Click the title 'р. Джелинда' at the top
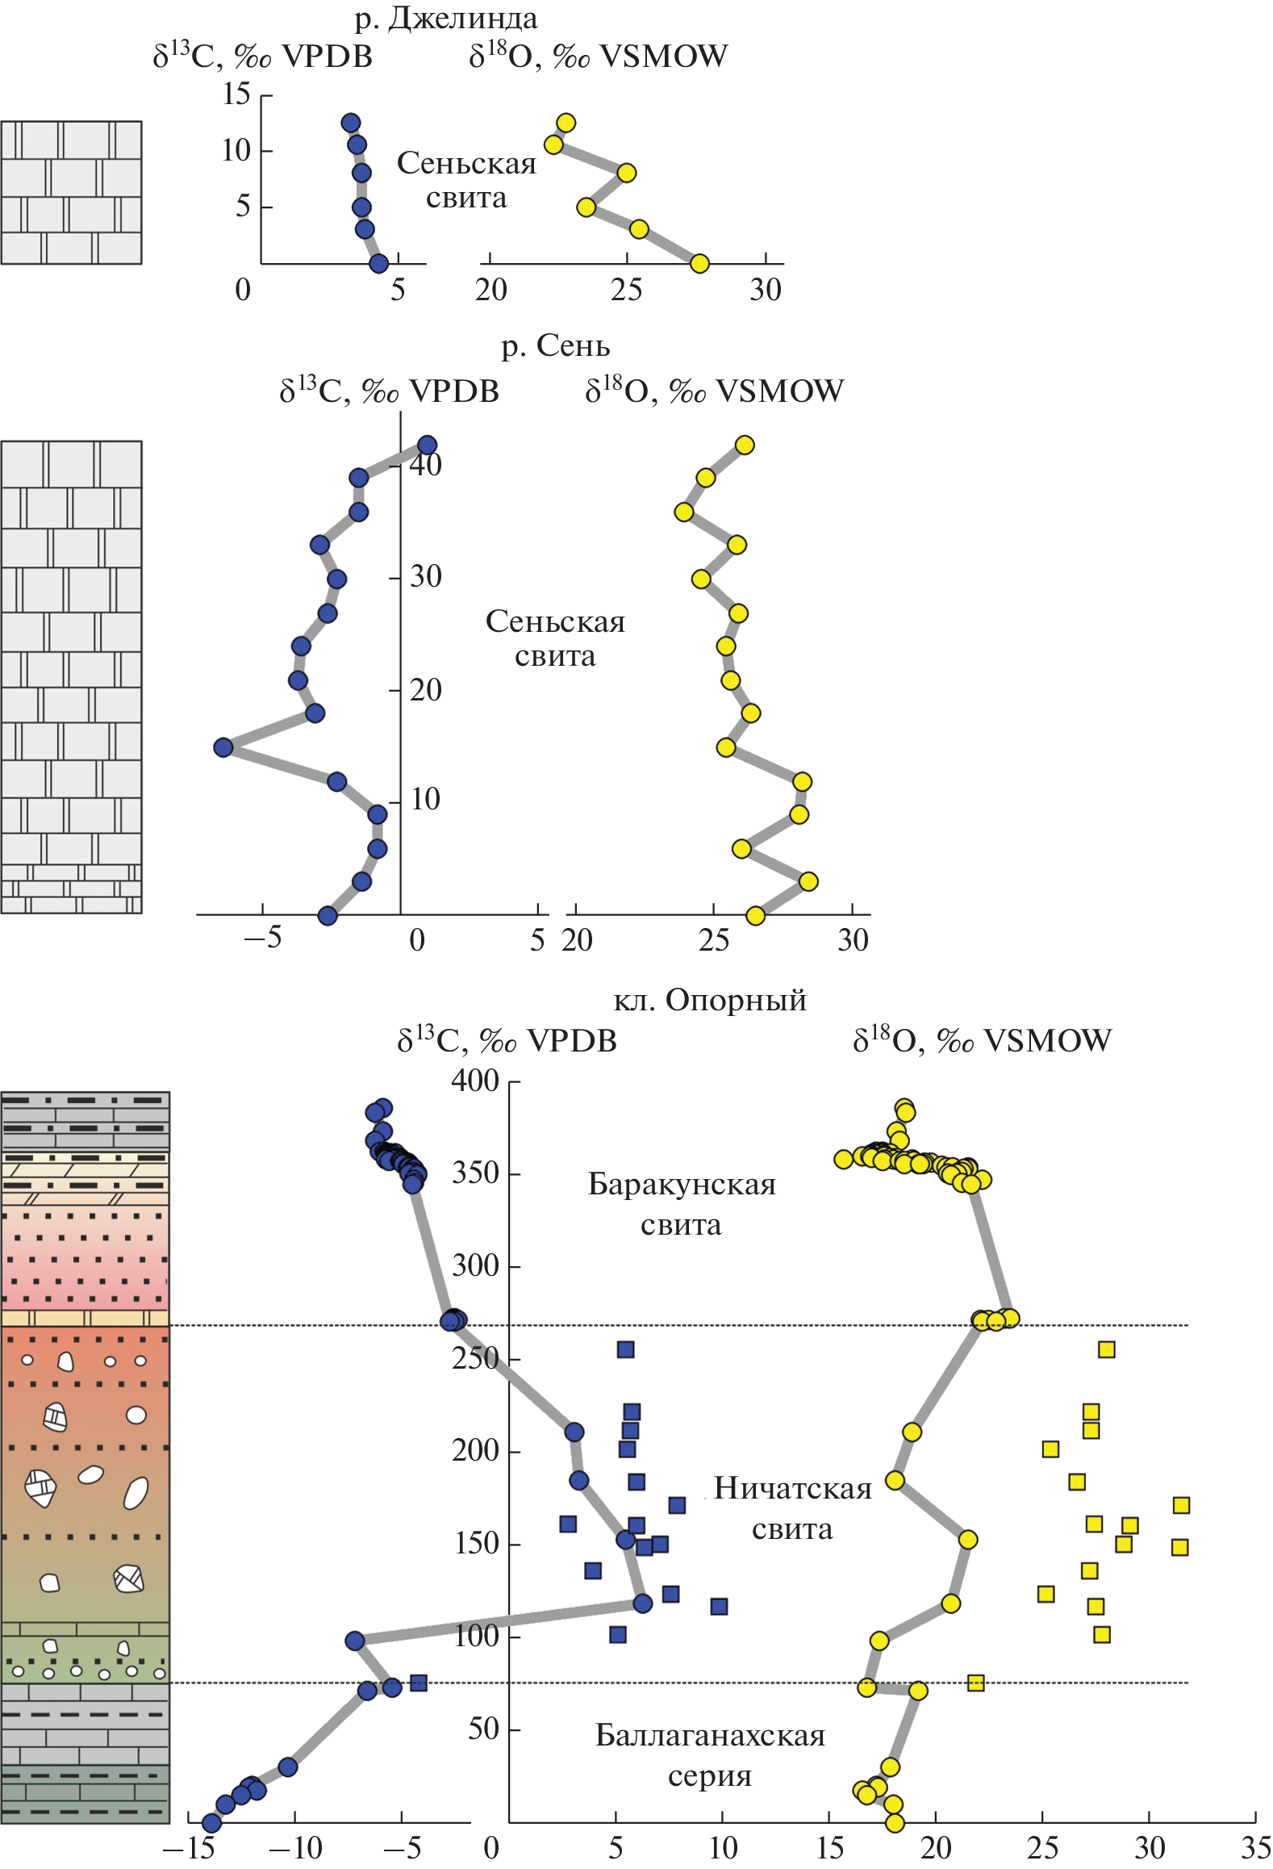pos(445,19)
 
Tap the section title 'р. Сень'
pos(555,345)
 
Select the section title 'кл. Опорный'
pos(710,1000)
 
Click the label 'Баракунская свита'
pos(682,1204)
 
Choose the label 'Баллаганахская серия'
pos(710,1755)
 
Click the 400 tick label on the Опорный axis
pos(475,1081)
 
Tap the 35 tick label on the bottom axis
pos(1255,1848)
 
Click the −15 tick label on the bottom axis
pos(188,1848)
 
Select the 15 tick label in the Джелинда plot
pos(236,94)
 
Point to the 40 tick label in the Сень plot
pos(426,464)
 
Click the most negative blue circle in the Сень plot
pos(223,747)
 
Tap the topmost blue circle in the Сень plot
pos(427,445)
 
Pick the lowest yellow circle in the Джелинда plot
pos(699,264)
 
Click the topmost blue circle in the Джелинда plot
pos(350,123)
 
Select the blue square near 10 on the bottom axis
pos(719,1607)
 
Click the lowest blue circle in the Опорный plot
pos(211,1823)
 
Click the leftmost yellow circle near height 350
pos(843,1160)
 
